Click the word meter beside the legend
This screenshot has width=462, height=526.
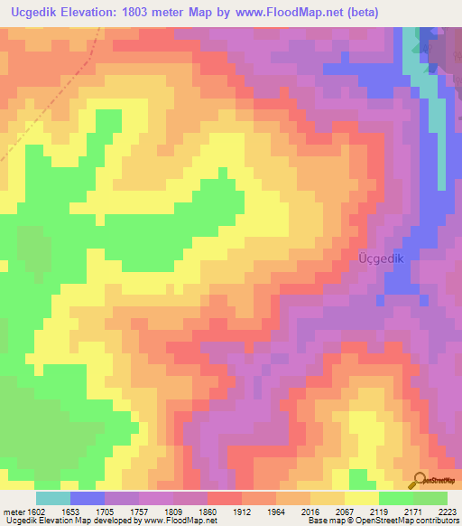pyautogui.click(x=14, y=512)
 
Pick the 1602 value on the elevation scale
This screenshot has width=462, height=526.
pyautogui.click(x=37, y=512)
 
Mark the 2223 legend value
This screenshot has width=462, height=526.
pyautogui.click(x=446, y=512)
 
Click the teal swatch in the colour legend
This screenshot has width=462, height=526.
pyautogui.click(x=52, y=498)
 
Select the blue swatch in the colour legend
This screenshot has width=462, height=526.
pyautogui.click(x=87, y=498)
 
